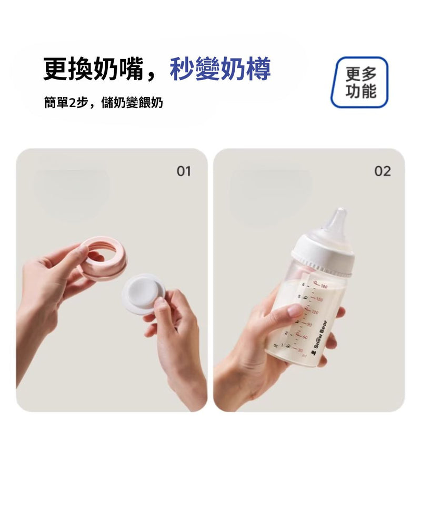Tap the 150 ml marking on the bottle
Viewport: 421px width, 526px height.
click(x=319, y=299)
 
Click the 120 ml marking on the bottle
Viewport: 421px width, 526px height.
click(x=315, y=312)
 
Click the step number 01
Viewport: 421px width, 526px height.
click(x=183, y=171)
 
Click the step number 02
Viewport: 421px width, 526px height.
click(x=383, y=171)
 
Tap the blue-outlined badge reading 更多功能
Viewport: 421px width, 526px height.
click(x=360, y=82)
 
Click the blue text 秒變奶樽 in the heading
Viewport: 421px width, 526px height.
click(x=220, y=70)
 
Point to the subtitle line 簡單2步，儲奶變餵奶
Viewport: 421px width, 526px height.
click(x=104, y=103)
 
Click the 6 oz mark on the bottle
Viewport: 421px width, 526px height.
click(x=304, y=284)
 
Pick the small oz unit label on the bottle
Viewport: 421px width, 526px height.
click(x=275, y=345)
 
